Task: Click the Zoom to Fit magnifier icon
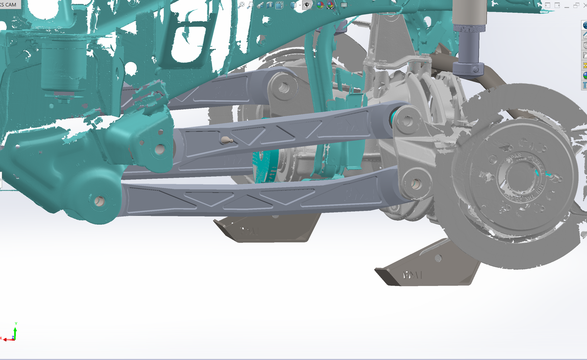[241, 5]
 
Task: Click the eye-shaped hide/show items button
[307, 5]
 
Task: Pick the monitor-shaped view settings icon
[344, 5]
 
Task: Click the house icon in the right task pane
[585, 36]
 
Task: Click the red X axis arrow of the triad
[6, 340]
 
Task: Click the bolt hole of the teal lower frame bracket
[99, 201]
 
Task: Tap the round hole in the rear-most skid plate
[438, 258]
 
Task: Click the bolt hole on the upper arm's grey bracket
[284, 87]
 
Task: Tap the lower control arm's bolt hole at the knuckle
[416, 184]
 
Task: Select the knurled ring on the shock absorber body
[469, 28]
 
